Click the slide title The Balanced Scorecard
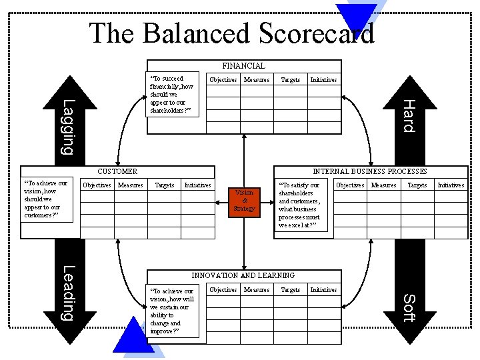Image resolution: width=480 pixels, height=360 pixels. coord(231,33)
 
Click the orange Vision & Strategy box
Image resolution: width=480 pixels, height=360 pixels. coord(244,201)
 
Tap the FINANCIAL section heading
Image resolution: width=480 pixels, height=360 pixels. coord(243,65)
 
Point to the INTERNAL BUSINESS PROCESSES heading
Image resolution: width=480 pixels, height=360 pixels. coord(370,172)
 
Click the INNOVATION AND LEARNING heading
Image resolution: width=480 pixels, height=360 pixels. coord(243,275)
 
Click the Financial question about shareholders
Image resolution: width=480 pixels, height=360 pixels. coord(172,95)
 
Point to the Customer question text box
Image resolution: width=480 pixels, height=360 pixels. coord(46,199)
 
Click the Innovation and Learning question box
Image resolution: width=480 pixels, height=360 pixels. coord(172,311)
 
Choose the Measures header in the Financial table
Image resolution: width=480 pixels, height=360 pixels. coord(257,80)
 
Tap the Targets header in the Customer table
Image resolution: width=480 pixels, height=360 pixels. coord(164,185)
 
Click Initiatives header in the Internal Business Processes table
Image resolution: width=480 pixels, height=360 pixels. coord(451,185)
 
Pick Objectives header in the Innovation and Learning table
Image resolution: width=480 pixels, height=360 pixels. coord(223,290)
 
